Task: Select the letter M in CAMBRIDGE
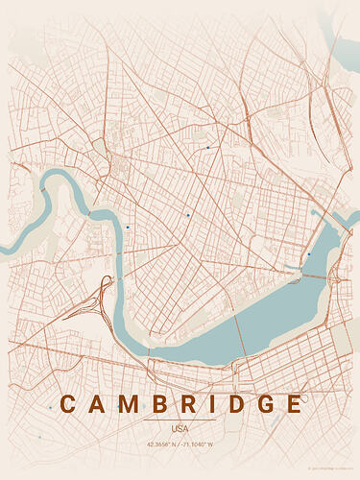[x=131, y=404]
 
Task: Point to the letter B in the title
[x=161, y=404]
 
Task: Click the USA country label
[x=180, y=428]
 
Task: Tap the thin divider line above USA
[x=180, y=420]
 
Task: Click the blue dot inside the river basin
[x=309, y=253]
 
